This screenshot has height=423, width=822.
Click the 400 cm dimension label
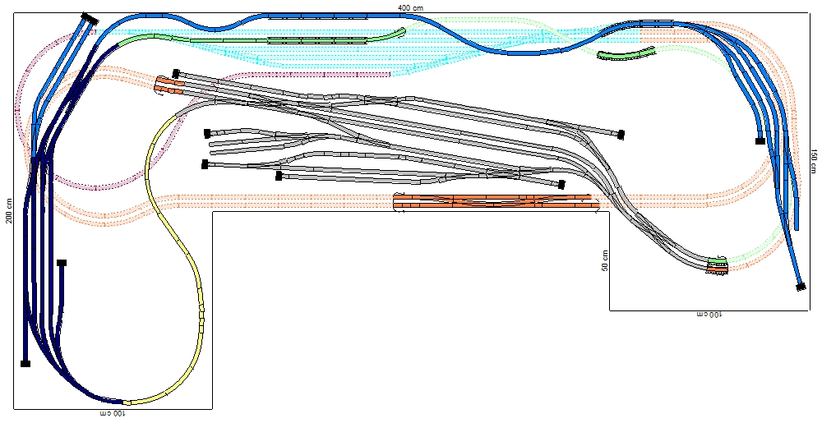[410, 7]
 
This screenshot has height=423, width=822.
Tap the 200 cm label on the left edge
[9, 210]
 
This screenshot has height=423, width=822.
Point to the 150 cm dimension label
[813, 161]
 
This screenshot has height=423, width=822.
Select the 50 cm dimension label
[605, 260]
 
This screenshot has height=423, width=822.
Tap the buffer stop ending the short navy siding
[62, 263]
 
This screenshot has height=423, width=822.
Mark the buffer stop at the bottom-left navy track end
[25, 363]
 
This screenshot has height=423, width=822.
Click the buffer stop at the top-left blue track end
[90, 19]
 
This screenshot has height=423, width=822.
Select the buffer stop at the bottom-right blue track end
[801, 287]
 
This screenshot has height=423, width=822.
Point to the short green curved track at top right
[626, 53]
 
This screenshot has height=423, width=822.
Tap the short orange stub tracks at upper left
[169, 86]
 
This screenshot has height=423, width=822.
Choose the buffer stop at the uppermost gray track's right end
[621, 135]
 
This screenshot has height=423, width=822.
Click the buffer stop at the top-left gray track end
[176, 73]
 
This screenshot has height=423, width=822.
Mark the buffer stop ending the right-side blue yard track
[760, 140]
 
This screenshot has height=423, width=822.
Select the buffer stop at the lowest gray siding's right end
[561, 184]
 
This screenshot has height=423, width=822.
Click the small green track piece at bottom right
[717, 260]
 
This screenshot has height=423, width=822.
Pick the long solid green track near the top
[262, 38]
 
